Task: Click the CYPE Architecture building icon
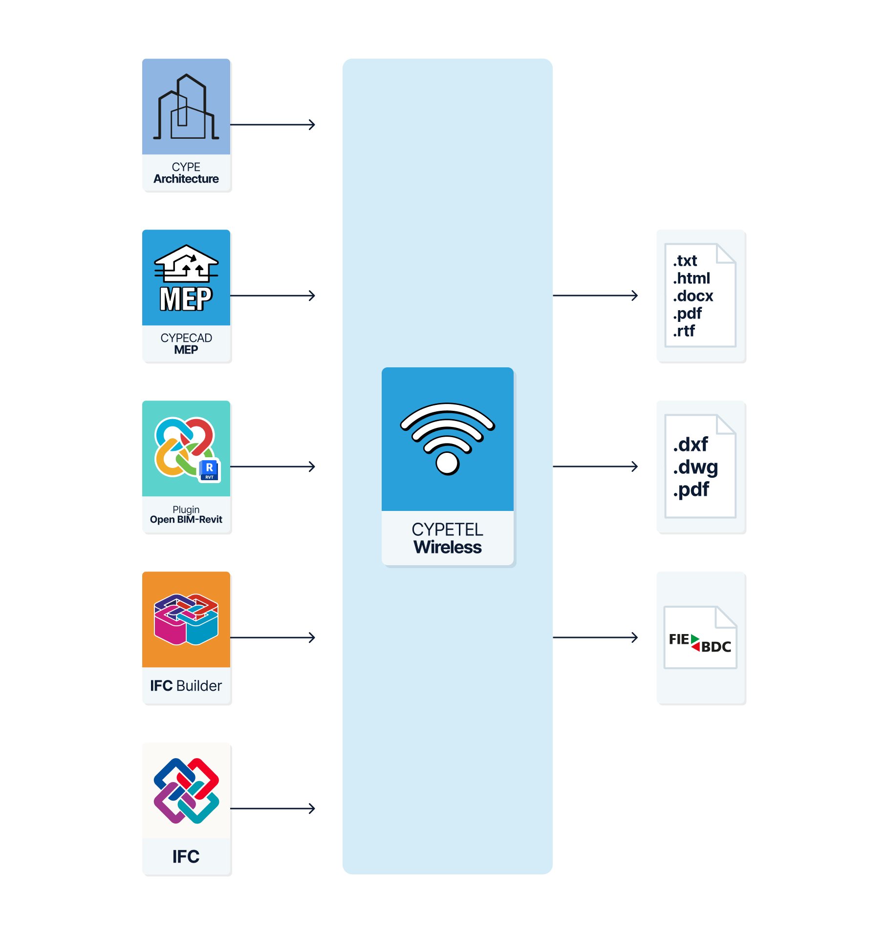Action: click(186, 106)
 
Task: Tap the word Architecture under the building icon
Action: click(186, 179)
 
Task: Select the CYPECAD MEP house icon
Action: click(186, 263)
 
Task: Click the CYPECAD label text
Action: click(186, 338)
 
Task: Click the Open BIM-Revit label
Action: click(186, 519)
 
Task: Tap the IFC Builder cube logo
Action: click(186, 619)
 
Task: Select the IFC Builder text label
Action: click(186, 686)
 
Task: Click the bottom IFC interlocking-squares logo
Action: click(186, 790)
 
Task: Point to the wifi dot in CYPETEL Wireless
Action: click(448, 463)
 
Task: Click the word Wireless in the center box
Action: click(448, 547)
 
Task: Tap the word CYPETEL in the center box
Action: click(448, 530)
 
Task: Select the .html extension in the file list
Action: click(692, 278)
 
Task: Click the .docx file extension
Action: click(693, 296)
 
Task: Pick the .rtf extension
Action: click(684, 331)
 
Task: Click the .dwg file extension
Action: click(695, 467)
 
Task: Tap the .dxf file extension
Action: click(691, 445)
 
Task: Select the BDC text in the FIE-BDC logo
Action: click(716, 647)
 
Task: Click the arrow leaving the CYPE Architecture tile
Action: click(273, 125)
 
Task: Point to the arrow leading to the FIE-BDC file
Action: click(595, 637)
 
